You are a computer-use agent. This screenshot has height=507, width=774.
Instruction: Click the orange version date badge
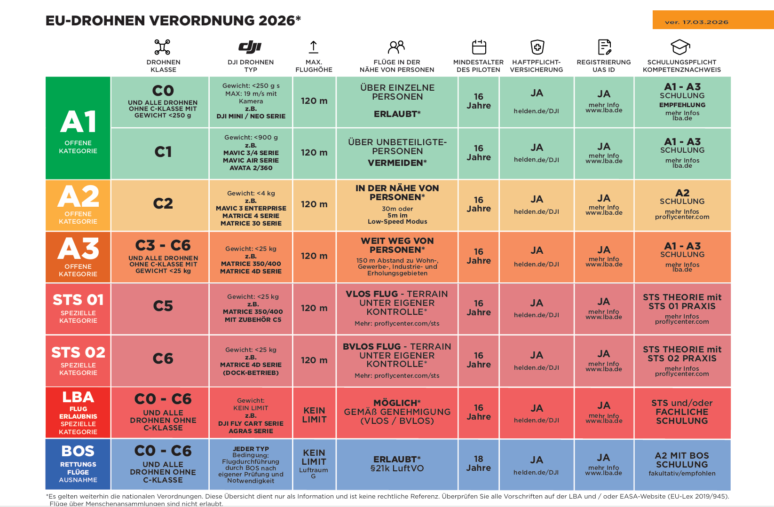[712, 20]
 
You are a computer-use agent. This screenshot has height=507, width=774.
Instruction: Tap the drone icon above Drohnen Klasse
[162, 47]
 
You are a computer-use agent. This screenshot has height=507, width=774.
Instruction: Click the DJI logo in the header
[250, 47]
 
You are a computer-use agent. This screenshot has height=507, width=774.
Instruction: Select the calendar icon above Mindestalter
[479, 47]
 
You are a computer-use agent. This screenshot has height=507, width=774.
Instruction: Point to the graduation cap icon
[680, 47]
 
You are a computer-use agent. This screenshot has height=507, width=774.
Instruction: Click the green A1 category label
[78, 128]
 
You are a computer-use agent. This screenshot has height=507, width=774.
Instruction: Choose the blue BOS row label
[78, 464]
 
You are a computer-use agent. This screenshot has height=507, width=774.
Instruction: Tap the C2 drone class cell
[163, 203]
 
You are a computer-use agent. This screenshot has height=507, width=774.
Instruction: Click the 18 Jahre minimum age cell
[478, 463]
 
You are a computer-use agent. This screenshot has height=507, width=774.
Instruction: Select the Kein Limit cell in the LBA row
[314, 415]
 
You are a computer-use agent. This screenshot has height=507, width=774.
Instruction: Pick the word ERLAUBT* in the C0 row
[397, 114]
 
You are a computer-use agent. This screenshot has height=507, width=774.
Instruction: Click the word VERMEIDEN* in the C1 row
[397, 163]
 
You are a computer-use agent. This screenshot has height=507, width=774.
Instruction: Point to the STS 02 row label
[78, 360]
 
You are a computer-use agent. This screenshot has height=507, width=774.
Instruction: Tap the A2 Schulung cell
[682, 204]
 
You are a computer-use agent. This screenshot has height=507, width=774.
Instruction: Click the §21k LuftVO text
[397, 468]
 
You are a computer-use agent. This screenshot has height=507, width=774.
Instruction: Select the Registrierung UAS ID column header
[604, 66]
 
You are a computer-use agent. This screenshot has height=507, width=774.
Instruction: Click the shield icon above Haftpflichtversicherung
[537, 47]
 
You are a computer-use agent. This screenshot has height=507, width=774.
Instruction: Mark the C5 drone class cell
[163, 306]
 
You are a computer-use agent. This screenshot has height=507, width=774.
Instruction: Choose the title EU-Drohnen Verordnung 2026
[173, 21]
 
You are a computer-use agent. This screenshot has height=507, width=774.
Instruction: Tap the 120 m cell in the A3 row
[314, 256]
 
